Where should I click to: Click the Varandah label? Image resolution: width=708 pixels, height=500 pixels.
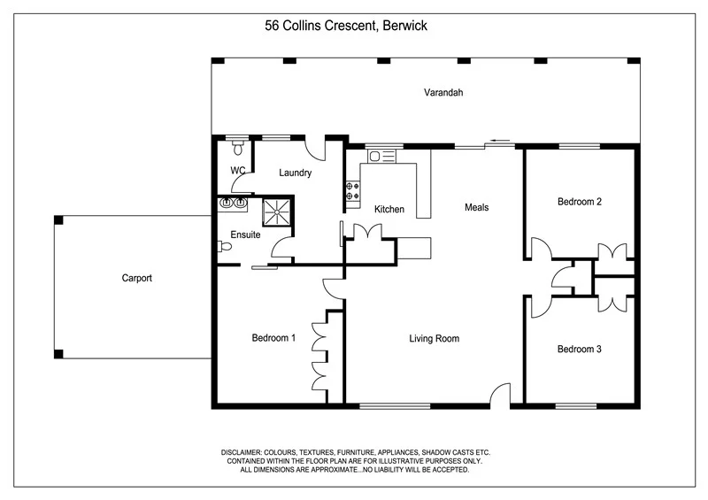pyautogui.click(x=443, y=92)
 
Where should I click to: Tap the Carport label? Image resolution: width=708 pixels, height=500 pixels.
pyautogui.click(x=137, y=278)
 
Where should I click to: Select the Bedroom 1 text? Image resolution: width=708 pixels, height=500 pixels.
pyautogui.click(x=273, y=338)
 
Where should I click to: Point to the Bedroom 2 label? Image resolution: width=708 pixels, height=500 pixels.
pyautogui.click(x=579, y=202)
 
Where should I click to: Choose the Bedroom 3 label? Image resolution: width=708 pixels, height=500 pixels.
pyautogui.click(x=579, y=350)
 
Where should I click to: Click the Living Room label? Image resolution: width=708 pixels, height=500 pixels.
pyautogui.click(x=434, y=338)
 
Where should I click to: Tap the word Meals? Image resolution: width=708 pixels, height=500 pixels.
pyautogui.click(x=476, y=208)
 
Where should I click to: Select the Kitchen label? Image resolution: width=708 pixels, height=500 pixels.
pyautogui.click(x=389, y=210)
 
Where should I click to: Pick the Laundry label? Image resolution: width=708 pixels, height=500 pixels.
pyautogui.click(x=295, y=173)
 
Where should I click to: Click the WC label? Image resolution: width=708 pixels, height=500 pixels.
pyautogui.click(x=237, y=170)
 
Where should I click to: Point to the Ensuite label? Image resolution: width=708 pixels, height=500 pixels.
pyautogui.click(x=244, y=235)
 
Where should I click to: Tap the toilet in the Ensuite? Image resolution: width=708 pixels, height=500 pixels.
pyautogui.click(x=224, y=248)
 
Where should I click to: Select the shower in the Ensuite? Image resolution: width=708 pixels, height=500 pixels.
pyautogui.click(x=276, y=212)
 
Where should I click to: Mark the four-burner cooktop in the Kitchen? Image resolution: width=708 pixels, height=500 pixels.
pyautogui.click(x=352, y=191)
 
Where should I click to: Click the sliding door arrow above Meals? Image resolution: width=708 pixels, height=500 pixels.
pyautogui.click(x=500, y=139)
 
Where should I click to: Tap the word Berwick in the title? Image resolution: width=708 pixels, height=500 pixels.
pyautogui.click(x=405, y=26)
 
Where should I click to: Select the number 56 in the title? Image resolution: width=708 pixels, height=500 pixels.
pyautogui.click(x=273, y=26)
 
